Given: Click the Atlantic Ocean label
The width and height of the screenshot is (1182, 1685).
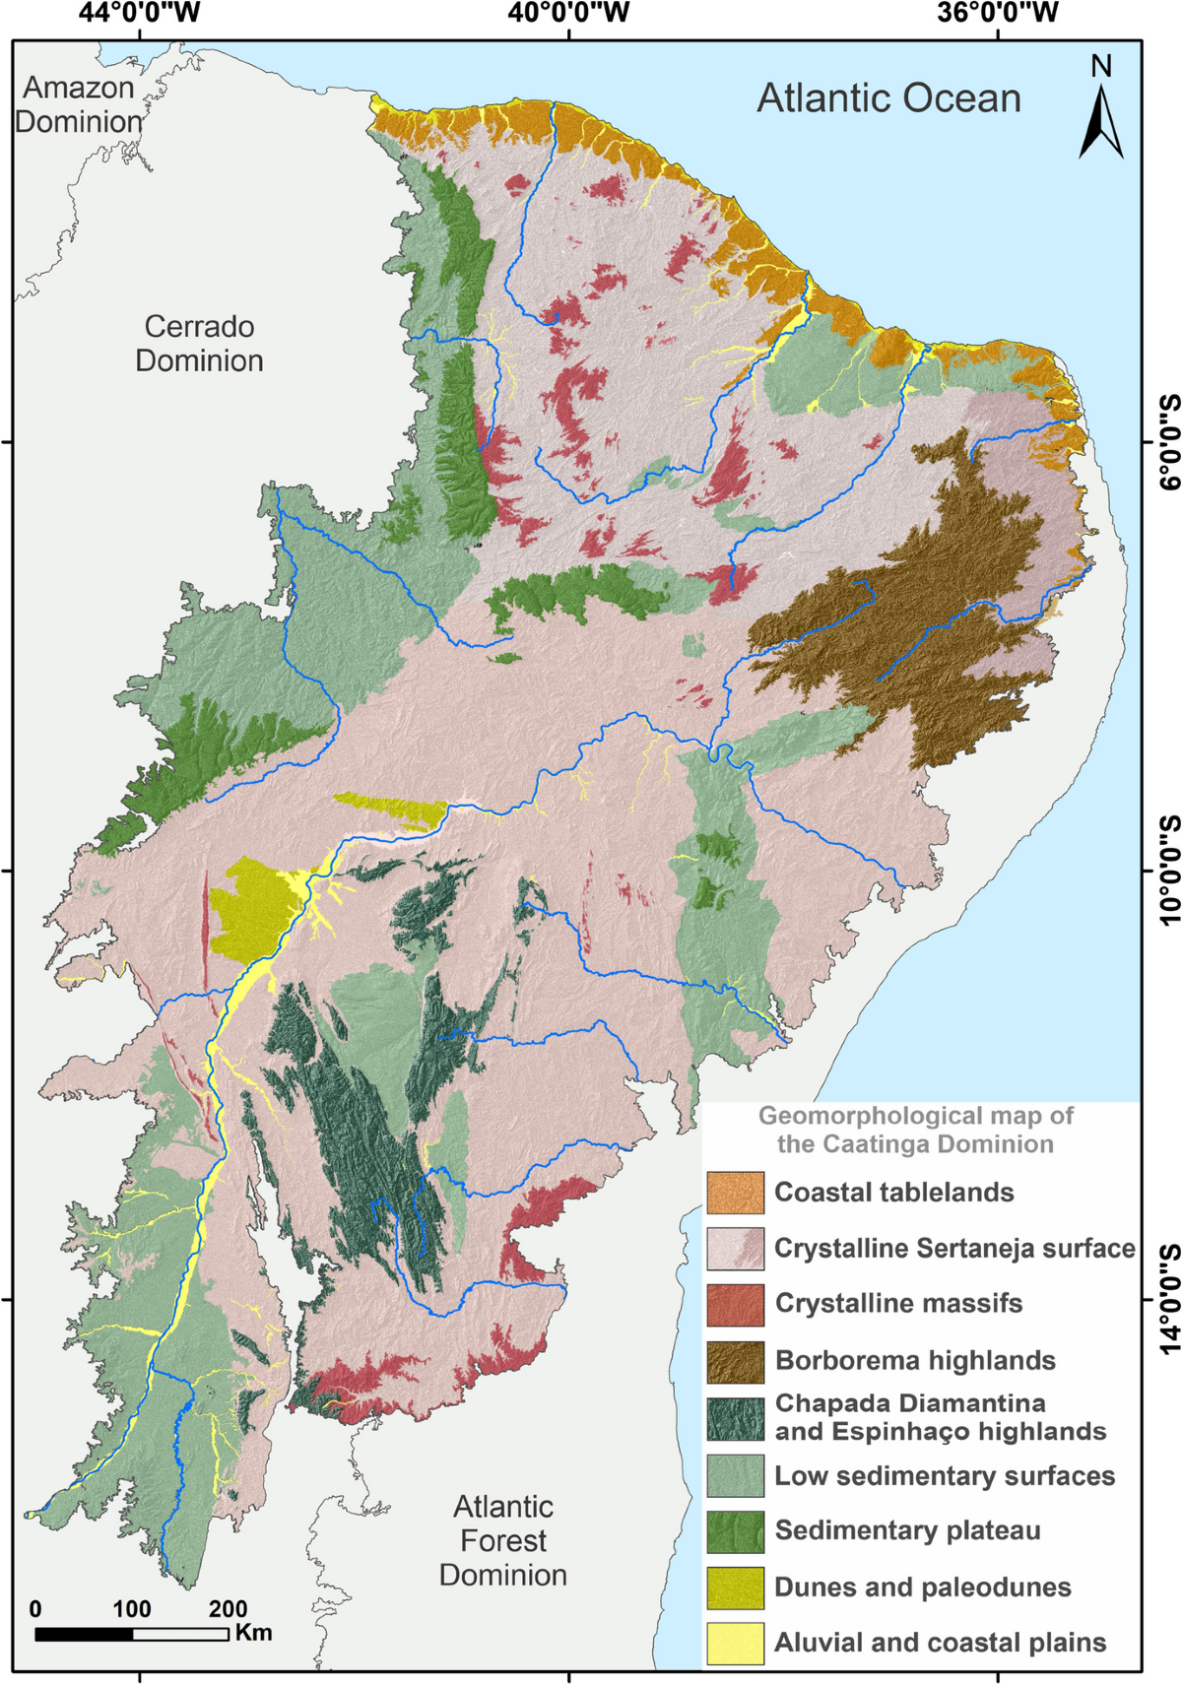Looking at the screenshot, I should point(888,98).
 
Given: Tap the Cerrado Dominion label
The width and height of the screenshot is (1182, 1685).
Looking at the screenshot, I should point(199,344).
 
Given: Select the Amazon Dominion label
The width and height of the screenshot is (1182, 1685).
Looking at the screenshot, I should point(78,104).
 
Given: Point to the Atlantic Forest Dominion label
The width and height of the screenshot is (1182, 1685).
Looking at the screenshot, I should point(502,1540).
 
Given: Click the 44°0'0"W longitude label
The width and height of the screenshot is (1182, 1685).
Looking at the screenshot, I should point(140,13).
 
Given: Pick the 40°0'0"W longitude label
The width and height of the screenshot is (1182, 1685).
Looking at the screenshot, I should point(568,13).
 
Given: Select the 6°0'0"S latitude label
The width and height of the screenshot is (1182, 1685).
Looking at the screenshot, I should point(1168,442).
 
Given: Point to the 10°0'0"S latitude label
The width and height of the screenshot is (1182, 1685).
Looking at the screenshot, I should point(1168,871).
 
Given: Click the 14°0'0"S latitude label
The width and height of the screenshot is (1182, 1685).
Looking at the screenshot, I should point(1168,1300).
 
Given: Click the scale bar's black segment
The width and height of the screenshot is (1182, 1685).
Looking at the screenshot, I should point(83,1634).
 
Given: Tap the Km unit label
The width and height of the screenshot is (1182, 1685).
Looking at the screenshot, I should point(253,1632).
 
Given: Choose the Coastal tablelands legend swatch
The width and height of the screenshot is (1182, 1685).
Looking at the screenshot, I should point(735,1193).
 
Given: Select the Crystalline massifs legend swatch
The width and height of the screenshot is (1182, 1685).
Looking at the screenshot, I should point(735,1305).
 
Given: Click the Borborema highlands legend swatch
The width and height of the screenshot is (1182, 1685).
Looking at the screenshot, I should point(735,1361).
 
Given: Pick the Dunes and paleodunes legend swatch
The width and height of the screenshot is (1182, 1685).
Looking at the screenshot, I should point(735,1587).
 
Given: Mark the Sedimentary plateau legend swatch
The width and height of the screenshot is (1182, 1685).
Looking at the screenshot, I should point(735,1530).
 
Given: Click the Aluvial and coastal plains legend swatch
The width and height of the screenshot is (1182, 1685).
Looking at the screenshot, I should point(735,1643).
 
